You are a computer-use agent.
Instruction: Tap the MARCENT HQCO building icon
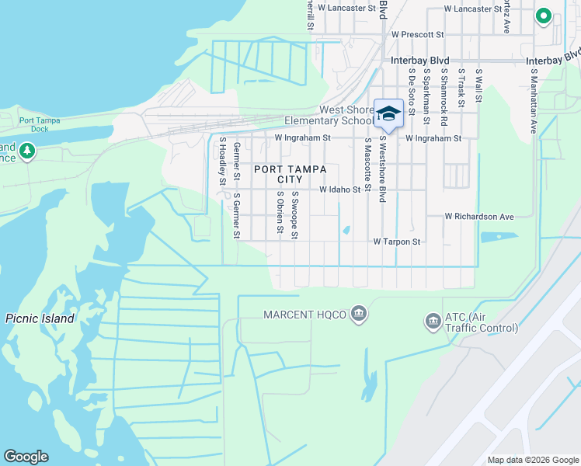[358, 314]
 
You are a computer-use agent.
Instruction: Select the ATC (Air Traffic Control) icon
[432, 321]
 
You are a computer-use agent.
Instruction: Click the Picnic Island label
[40, 318]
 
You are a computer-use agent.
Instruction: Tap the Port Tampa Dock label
[45, 124]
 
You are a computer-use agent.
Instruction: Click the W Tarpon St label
[396, 242]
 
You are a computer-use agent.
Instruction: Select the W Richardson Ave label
[479, 217]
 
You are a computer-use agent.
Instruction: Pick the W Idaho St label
[340, 190]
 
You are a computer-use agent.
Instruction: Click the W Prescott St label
[417, 35]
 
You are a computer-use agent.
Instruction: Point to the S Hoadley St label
[222, 162]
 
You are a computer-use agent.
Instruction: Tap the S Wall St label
[479, 86]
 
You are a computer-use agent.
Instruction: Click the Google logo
[26, 457]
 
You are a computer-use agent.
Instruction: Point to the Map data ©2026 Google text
[532, 460]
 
